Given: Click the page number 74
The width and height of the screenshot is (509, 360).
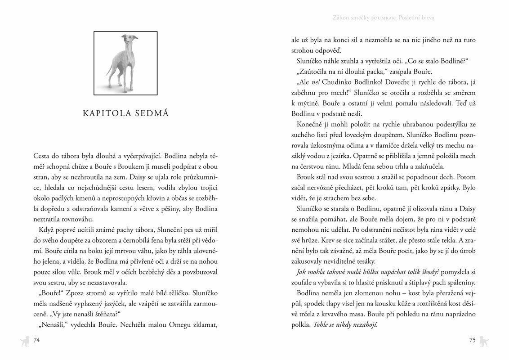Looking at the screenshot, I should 37,340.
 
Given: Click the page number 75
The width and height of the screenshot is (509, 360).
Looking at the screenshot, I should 472,340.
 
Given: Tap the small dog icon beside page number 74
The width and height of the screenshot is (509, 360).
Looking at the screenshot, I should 25,341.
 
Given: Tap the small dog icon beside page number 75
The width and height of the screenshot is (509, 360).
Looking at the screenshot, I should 484,340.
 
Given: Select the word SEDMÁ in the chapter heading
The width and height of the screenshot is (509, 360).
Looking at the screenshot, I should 152,113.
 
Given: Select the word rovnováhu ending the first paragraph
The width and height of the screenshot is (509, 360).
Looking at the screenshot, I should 75,219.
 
